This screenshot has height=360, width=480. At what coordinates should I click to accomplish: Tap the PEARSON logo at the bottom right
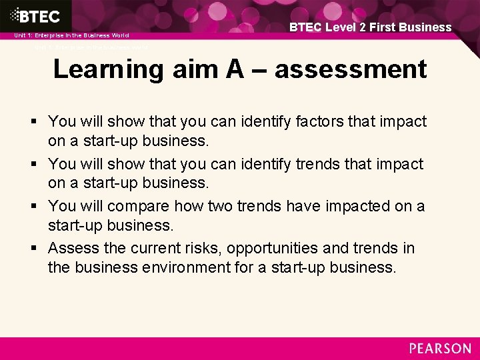pyautogui.click(x=440, y=349)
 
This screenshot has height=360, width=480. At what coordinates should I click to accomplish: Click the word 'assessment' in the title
pyautogui.click(x=351, y=69)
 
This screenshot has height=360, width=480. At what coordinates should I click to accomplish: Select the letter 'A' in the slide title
pyautogui.click(x=234, y=69)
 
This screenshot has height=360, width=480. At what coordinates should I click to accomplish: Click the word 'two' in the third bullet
pyautogui.click(x=235, y=207)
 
